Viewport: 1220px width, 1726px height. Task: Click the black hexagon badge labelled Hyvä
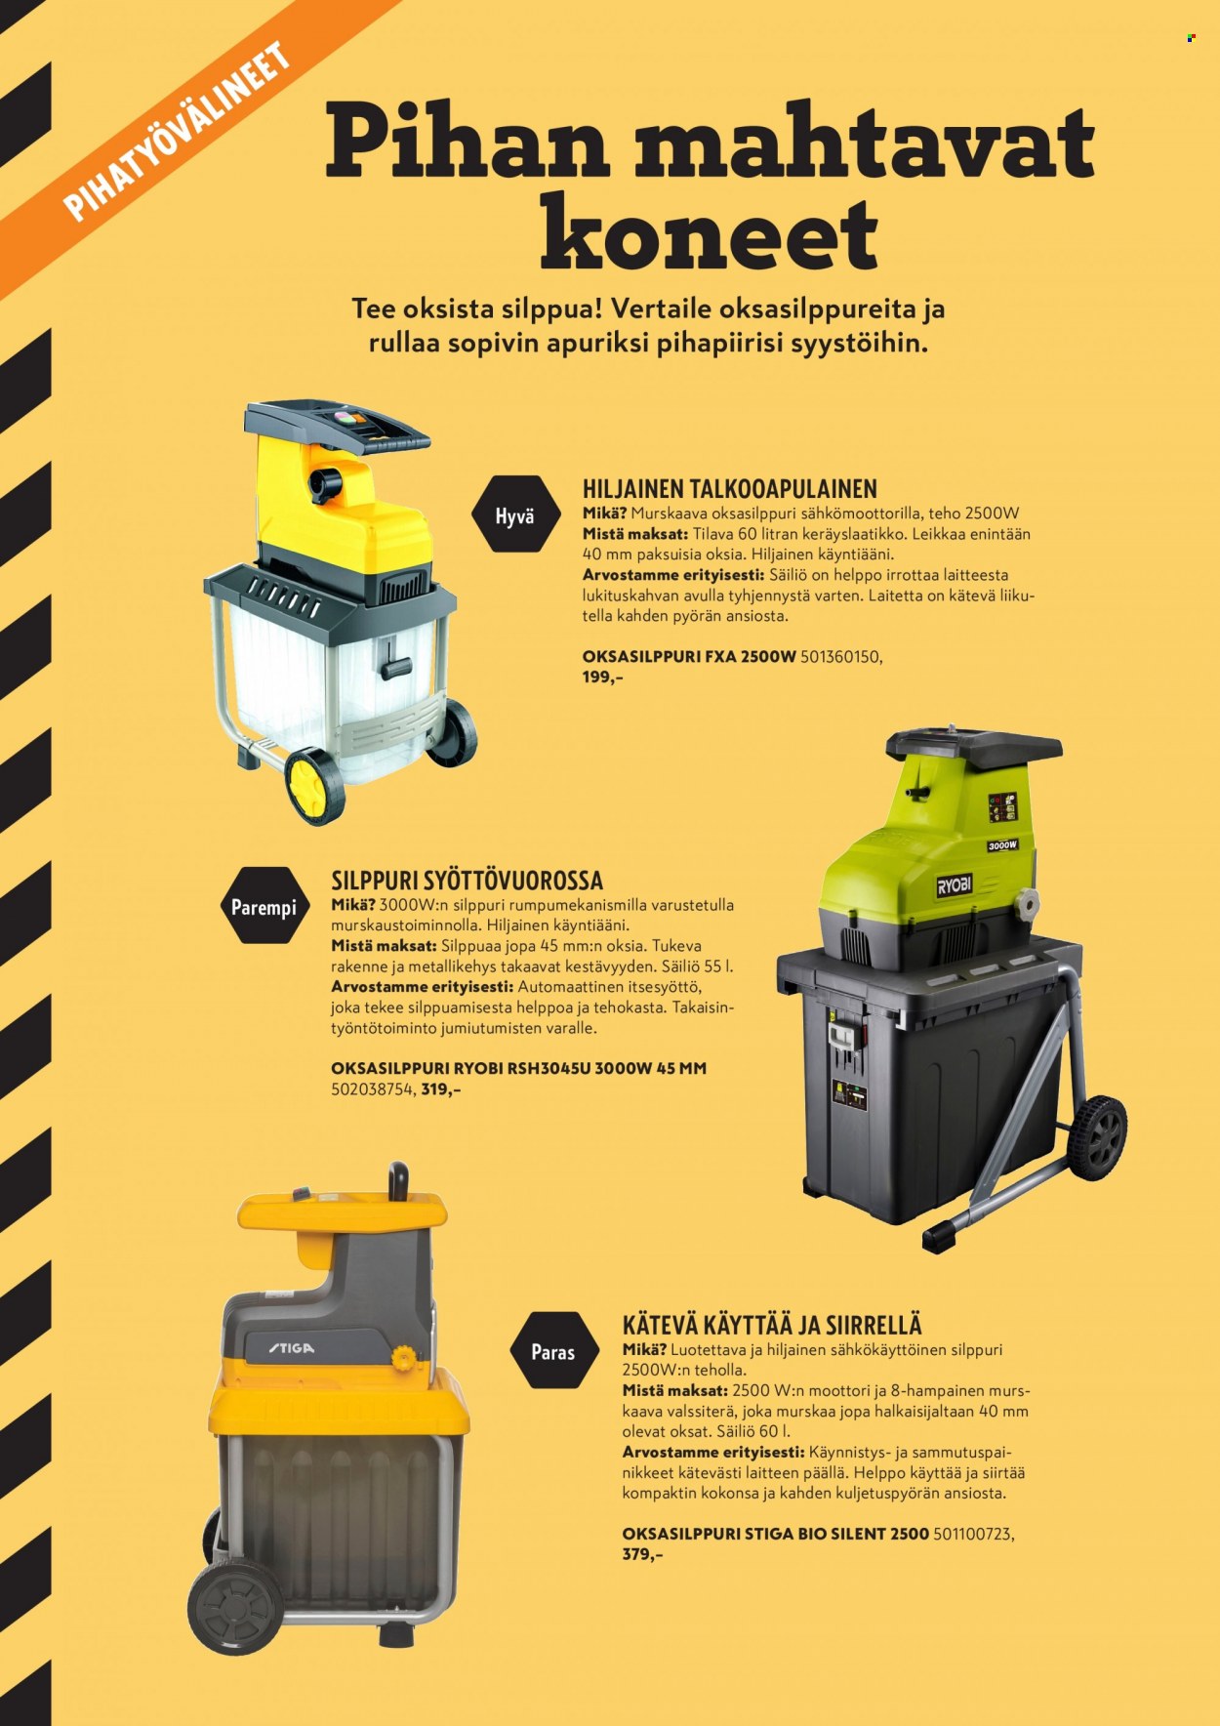[514, 514]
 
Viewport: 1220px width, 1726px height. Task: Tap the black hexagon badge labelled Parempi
[264, 906]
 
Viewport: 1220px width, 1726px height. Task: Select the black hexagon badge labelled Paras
[552, 1351]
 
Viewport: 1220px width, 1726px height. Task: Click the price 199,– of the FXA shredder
[602, 677]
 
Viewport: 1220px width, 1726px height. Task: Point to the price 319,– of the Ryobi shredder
[441, 1089]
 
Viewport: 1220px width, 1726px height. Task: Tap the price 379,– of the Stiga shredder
[642, 1554]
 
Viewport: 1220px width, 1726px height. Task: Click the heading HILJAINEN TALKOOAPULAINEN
[730, 488]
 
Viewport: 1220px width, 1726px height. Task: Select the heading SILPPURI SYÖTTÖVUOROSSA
[467, 880]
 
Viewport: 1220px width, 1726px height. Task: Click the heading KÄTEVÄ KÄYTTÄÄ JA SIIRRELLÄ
[772, 1325]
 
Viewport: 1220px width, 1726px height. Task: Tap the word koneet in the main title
[710, 234]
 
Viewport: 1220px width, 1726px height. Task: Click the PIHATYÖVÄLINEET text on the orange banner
[178, 131]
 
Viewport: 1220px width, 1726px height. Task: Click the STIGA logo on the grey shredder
[292, 1348]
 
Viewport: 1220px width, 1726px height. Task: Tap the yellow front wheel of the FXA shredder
[315, 786]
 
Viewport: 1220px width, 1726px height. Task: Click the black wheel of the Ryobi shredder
[1098, 1136]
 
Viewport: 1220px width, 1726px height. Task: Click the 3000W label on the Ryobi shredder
[1001, 845]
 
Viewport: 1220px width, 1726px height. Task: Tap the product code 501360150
[840, 656]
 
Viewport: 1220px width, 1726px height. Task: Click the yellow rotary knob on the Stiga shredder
[400, 1357]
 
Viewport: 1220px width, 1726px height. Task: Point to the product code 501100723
[973, 1534]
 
